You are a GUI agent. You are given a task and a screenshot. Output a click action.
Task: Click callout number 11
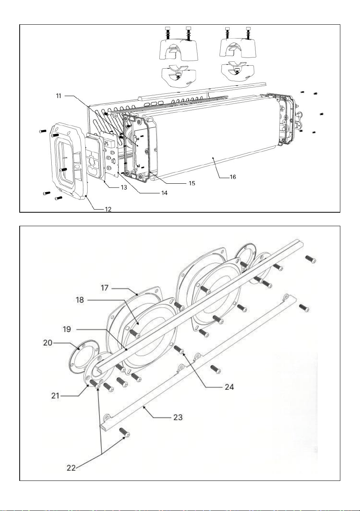coord(59,96)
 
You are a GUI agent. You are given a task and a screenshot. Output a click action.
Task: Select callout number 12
coord(108,209)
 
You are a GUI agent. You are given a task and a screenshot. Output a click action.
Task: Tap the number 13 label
coord(124,188)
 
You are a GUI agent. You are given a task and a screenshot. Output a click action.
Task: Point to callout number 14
coord(164,193)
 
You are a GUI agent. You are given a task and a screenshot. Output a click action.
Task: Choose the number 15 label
coord(192,183)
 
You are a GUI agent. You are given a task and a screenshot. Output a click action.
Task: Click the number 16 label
coord(233,177)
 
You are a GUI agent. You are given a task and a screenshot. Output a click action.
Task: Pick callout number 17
coord(105,288)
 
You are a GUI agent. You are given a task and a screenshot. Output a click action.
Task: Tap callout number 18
coord(80,300)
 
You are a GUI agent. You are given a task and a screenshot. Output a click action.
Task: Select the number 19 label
coord(67,329)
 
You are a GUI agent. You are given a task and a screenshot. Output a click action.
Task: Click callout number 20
coord(48,343)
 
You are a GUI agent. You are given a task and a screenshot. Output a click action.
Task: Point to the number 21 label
coord(55,396)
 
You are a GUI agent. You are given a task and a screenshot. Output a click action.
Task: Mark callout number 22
coord(71,466)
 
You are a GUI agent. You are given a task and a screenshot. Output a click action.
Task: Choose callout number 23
coord(178,417)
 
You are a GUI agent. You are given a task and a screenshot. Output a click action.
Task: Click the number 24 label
coord(229,387)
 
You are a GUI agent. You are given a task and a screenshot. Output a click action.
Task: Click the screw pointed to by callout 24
coord(179,350)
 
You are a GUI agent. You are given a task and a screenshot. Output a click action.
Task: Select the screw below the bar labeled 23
coord(125,432)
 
